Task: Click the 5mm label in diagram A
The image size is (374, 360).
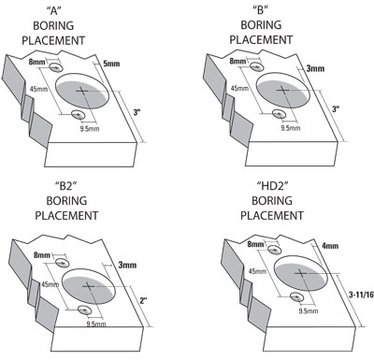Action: [112, 64]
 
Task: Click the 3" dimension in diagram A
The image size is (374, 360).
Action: [137, 112]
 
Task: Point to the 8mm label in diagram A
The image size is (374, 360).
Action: [37, 60]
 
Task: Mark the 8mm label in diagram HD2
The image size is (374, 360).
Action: [255, 244]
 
